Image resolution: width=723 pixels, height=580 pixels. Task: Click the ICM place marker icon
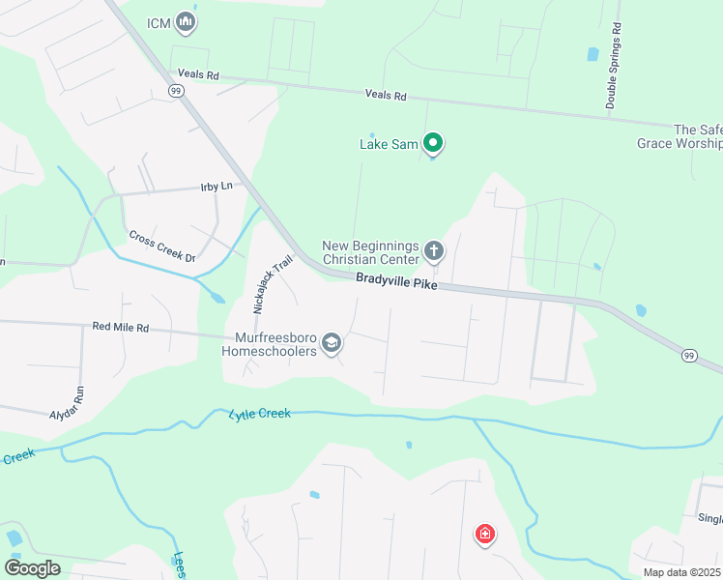[187, 23]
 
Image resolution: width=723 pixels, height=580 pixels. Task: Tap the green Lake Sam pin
[434, 144]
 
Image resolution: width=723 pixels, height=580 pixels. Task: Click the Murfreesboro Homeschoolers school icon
[332, 343]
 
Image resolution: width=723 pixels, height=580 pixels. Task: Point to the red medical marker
[484, 534]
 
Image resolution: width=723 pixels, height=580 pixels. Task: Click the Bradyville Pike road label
[396, 281]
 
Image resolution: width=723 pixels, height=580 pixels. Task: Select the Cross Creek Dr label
[162, 246]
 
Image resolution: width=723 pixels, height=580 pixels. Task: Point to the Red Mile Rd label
[121, 328]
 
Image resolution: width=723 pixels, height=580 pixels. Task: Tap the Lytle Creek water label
[260, 414]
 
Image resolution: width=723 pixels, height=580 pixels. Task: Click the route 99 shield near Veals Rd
[175, 90]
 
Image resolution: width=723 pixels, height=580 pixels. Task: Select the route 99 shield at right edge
[689, 356]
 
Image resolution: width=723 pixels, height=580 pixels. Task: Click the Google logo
[32, 567]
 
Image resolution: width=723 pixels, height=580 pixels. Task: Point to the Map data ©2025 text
[682, 572]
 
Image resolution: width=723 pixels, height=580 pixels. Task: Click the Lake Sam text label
[389, 145]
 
